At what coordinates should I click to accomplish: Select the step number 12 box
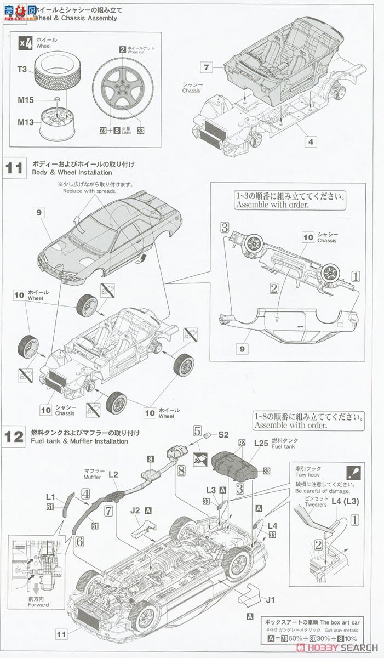(x=15, y=436)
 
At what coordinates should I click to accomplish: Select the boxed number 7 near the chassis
(x=206, y=67)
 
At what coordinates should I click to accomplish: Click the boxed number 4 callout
(x=311, y=141)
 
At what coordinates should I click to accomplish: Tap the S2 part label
(x=223, y=434)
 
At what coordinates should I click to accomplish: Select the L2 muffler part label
(x=113, y=473)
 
